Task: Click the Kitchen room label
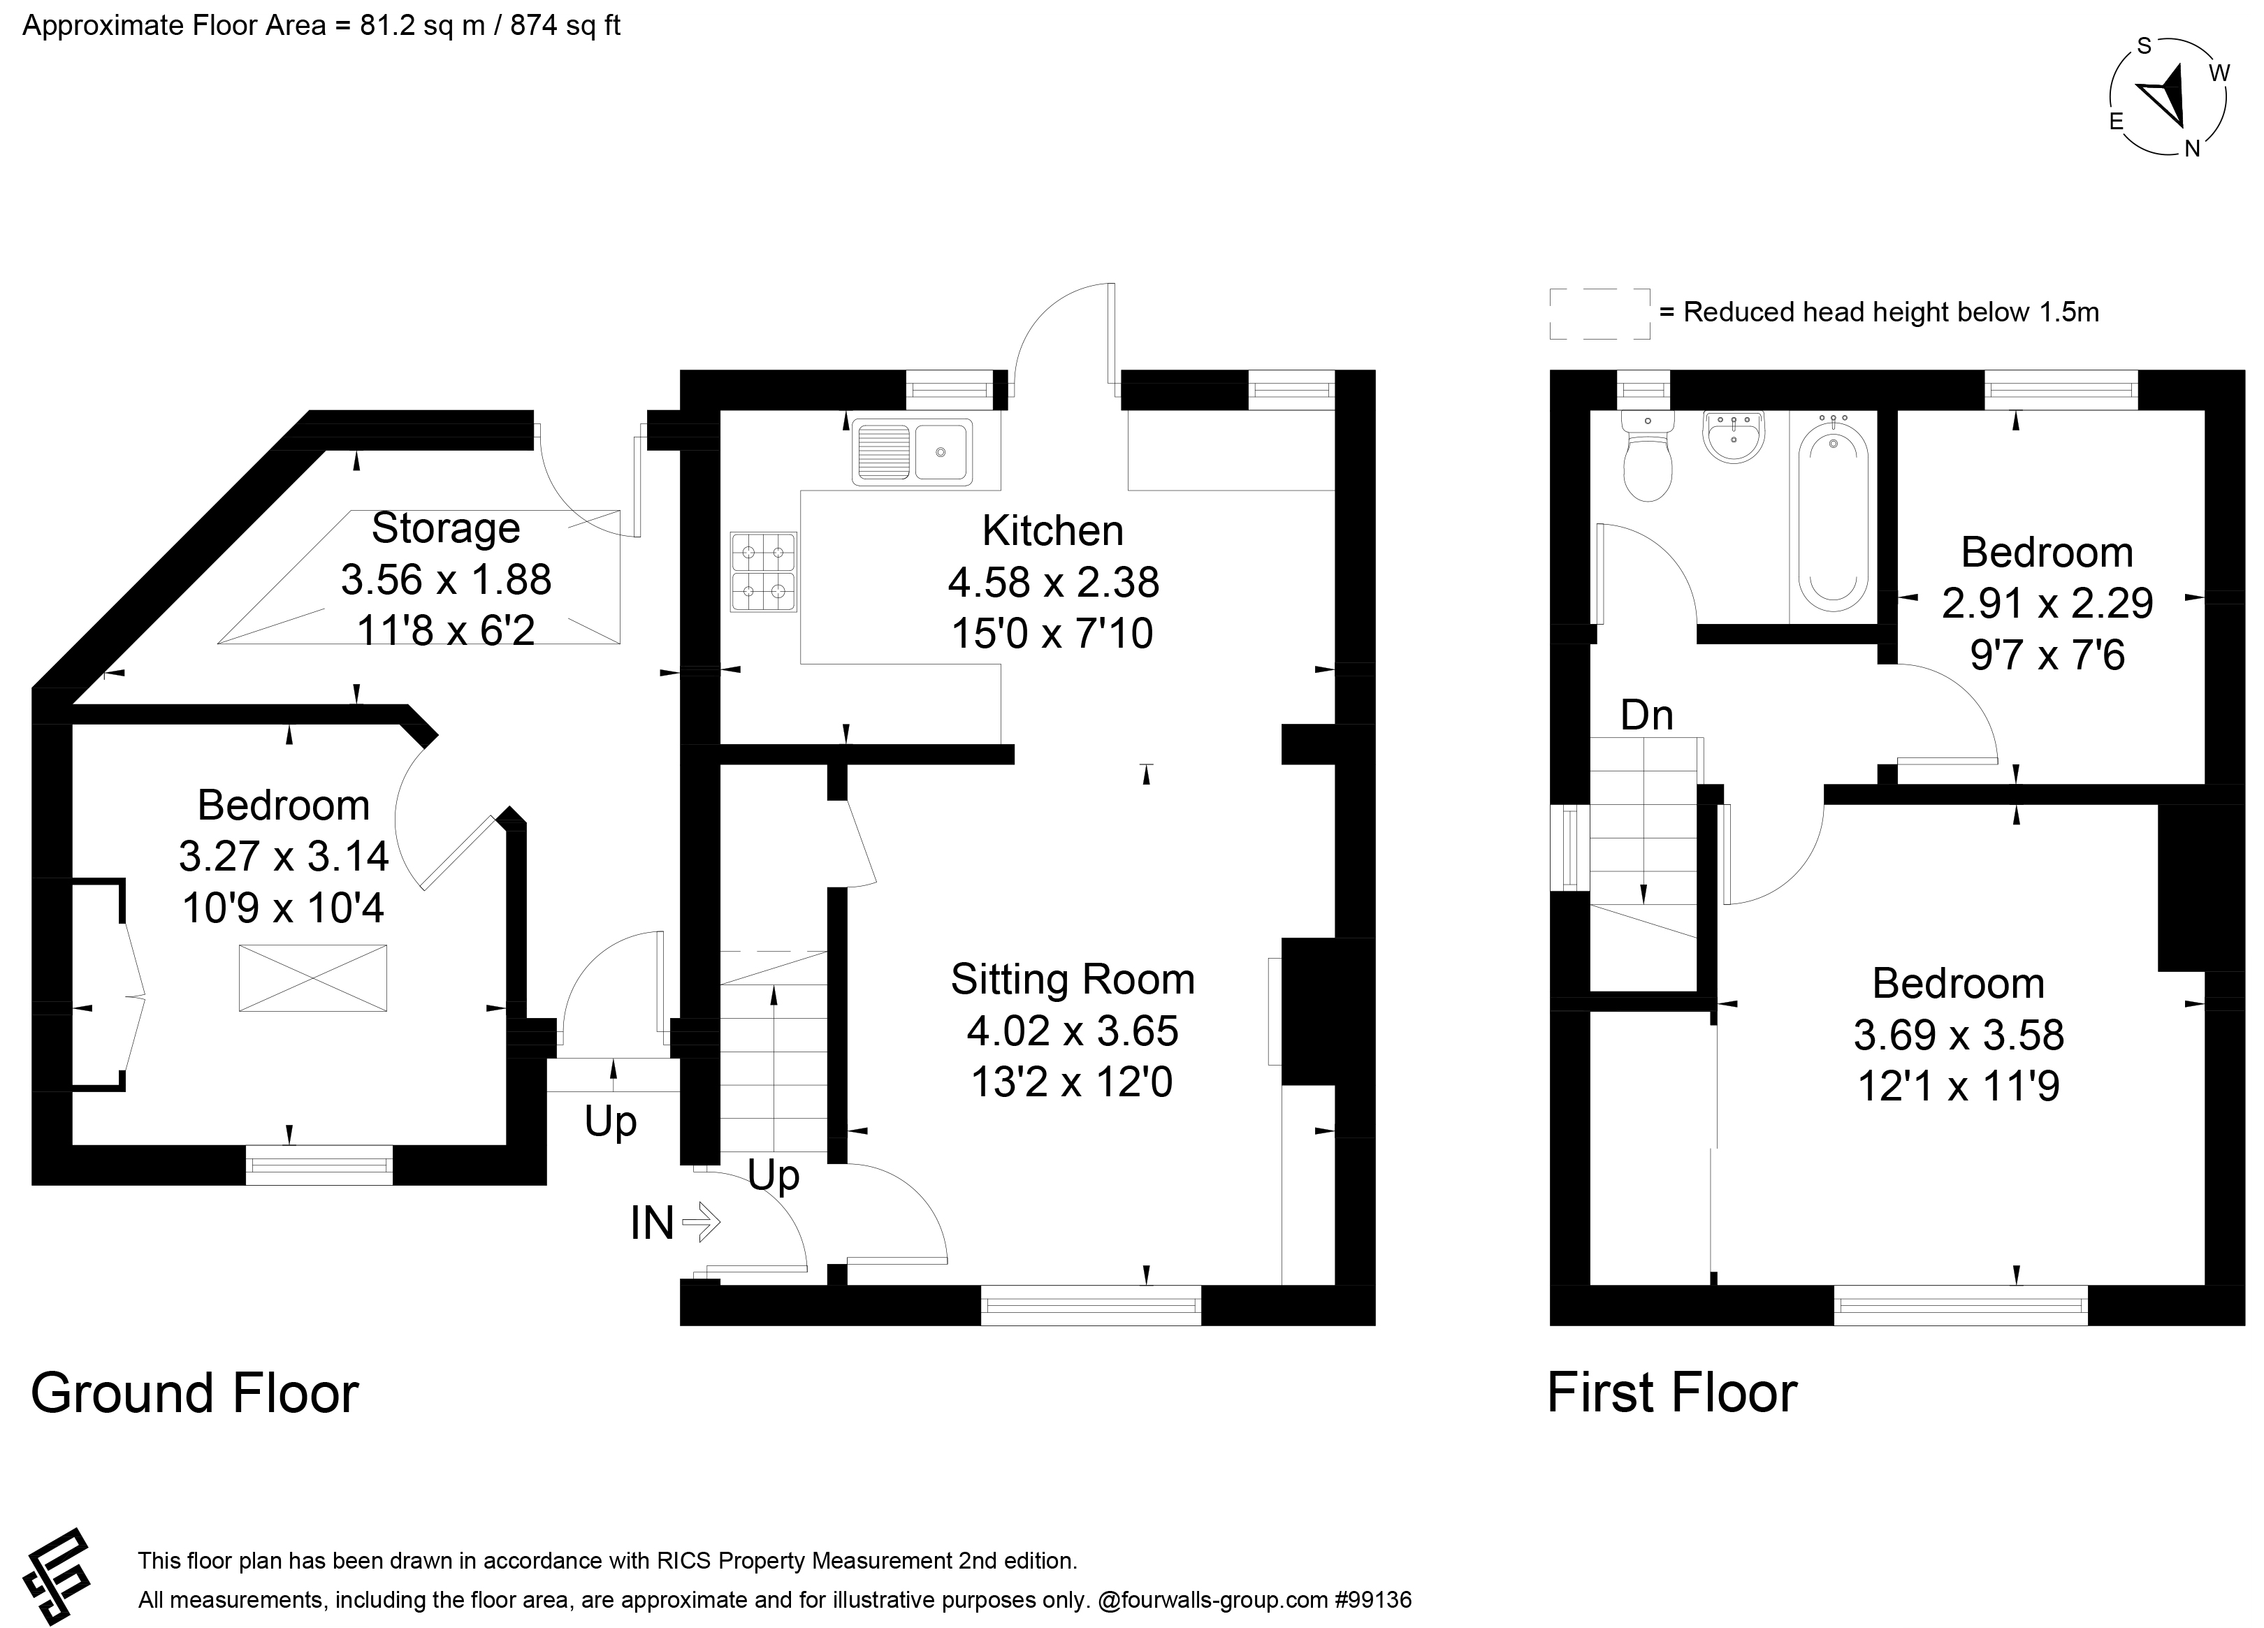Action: (x=1052, y=531)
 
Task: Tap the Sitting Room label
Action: (x=1072, y=979)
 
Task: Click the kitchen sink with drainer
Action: (x=911, y=452)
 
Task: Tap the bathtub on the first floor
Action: (x=1833, y=518)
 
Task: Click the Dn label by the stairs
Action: (x=1647, y=715)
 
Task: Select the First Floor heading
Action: (x=1672, y=1393)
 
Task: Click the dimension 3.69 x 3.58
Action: (x=1959, y=1035)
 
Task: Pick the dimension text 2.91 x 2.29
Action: (x=2047, y=603)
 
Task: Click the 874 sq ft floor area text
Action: (x=565, y=25)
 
